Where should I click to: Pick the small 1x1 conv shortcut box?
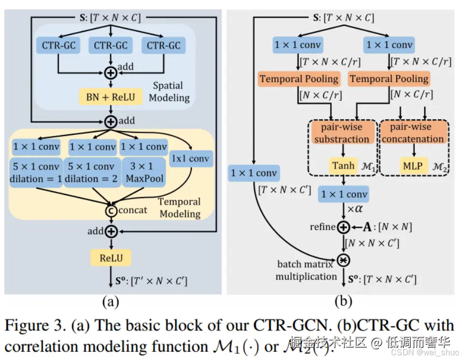pos(191,159)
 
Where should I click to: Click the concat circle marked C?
pos(111,210)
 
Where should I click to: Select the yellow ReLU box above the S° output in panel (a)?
pos(111,257)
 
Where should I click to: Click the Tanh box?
pos(344,166)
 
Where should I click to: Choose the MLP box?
pos(413,167)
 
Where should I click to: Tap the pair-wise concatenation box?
pos(413,133)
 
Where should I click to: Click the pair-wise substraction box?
pos(342,133)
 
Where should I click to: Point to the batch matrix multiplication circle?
pos(343,259)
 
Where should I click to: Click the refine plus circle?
pos(343,227)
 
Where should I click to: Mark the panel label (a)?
pos(110,301)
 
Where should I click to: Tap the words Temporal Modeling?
pos(179,208)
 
